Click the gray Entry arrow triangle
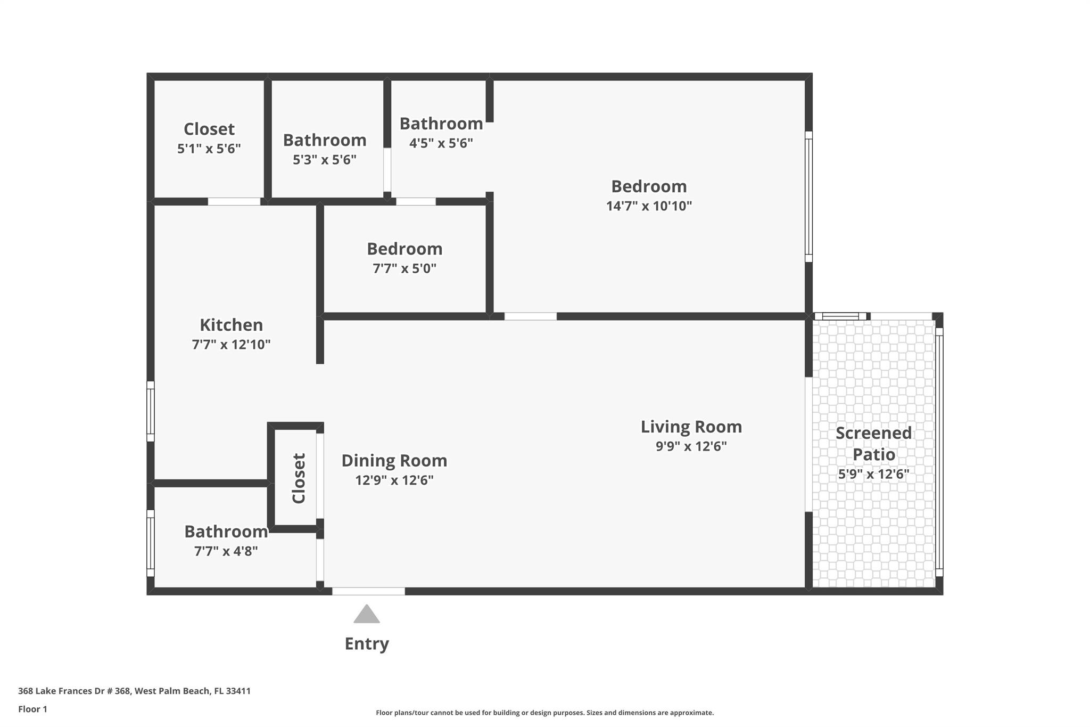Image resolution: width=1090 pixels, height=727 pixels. (x=367, y=615)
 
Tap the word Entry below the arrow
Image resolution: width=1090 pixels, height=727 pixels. (x=367, y=643)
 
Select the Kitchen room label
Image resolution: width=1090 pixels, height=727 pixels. (x=231, y=325)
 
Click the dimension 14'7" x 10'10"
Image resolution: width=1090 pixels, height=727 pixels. (x=649, y=206)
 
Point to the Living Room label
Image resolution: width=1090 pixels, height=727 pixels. (x=691, y=427)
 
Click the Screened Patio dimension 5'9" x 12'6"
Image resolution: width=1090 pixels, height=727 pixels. (x=873, y=473)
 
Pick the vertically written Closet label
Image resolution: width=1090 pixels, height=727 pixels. (x=299, y=478)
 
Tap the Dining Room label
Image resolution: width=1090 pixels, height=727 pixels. (x=394, y=461)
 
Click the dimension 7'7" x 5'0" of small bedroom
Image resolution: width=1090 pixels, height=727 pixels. (x=404, y=268)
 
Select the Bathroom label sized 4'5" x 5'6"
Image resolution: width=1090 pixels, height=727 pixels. (x=441, y=124)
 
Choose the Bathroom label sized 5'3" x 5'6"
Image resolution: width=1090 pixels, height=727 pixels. (x=324, y=140)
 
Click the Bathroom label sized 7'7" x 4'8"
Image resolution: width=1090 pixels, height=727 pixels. (x=226, y=532)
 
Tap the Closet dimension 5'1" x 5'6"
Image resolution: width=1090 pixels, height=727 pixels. (x=209, y=149)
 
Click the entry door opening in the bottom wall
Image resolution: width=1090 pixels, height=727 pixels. (x=368, y=591)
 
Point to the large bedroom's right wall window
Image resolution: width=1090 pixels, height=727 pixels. (x=808, y=197)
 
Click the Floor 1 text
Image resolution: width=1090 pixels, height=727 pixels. (x=32, y=709)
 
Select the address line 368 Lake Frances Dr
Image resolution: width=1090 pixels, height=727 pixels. (x=134, y=691)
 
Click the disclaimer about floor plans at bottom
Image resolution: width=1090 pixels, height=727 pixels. (x=544, y=713)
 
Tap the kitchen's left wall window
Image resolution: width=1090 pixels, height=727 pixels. (x=151, y=411)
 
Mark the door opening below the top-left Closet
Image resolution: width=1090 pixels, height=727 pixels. (x=234, y=201)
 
